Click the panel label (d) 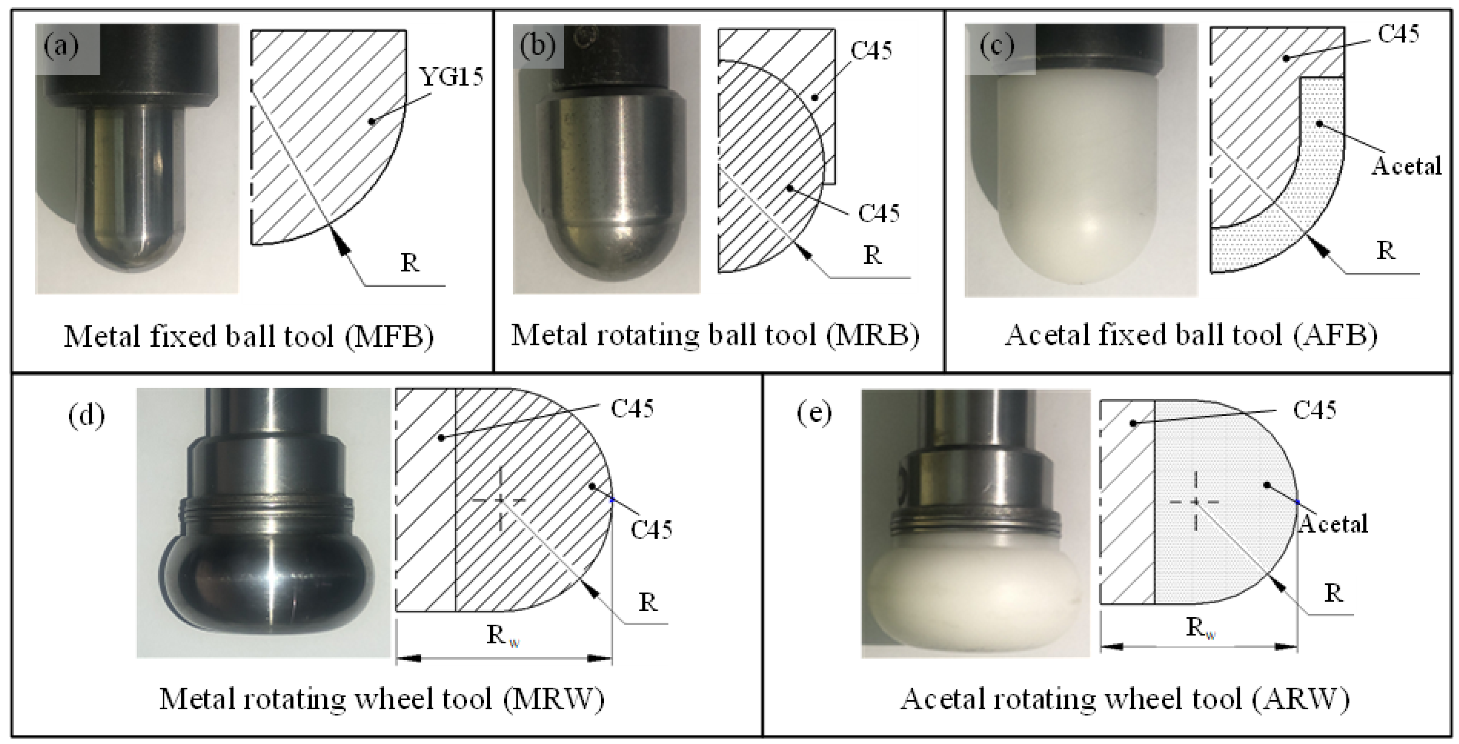click(87, 416)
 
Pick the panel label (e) click(815, 413)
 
